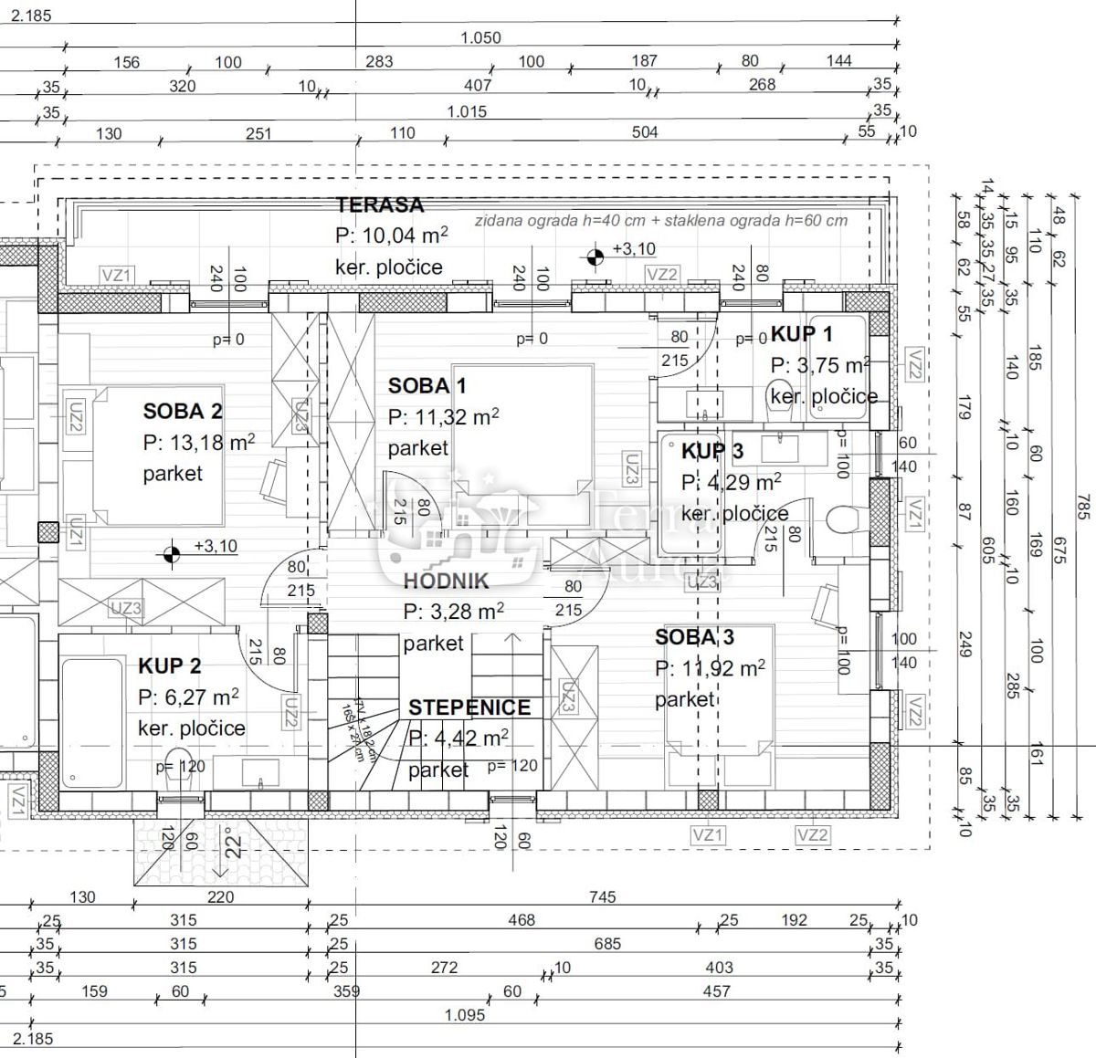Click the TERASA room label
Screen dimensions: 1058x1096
pos(380,204)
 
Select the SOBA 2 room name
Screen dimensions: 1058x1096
pos(183,412)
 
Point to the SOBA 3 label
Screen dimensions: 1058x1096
pos(694,637)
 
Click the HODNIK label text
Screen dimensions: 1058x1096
pos(447,581)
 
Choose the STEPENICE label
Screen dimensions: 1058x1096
pos(469,707)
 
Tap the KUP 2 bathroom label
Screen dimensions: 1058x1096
pos(170,666)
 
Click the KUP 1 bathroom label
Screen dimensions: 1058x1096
pos(801,334)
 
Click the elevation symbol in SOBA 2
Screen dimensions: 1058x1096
pos(169,553)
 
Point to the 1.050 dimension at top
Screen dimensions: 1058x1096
pos(480,37)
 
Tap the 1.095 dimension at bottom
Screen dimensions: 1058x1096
pos(466,1015)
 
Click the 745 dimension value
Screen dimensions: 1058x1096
pos(603,897)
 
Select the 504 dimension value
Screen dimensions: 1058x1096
pos(645,132)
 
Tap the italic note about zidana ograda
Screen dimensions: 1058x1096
pos(660,220)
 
